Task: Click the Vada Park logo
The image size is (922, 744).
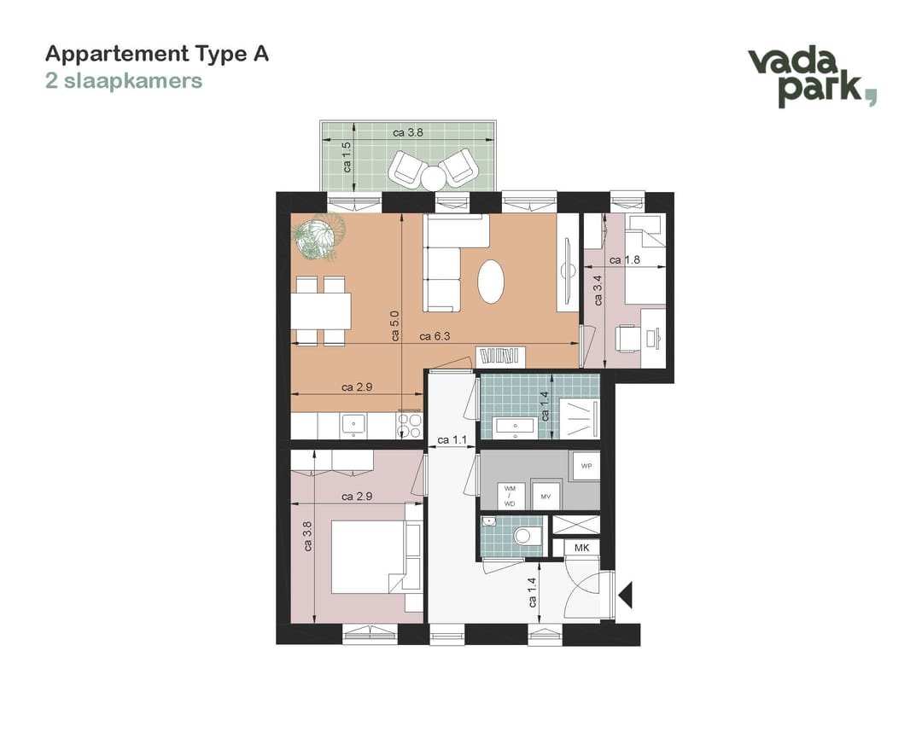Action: point(812,78)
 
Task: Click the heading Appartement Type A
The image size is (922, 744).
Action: point(157,54)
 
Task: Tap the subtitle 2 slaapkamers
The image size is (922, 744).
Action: point(124,80)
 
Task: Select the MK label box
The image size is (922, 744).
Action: point(581,548)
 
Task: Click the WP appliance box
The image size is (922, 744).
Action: point(586,466)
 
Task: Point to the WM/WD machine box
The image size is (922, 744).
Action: point(509,496)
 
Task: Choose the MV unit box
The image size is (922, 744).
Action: point(546,495)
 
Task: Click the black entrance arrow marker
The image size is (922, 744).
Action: point(625,595)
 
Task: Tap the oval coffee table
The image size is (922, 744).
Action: point(491,282)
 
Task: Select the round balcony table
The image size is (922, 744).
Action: point(435,178)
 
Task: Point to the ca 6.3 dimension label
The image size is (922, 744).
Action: point(435,336)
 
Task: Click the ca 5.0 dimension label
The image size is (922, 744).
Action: point(394,326)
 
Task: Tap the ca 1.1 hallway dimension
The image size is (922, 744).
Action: point(452,439)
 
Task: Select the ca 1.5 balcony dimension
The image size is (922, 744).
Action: point(347,157)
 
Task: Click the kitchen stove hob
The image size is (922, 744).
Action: point(409,426)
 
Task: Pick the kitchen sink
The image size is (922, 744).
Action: point(353,426)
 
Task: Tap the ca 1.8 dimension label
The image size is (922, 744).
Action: point(624,259)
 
